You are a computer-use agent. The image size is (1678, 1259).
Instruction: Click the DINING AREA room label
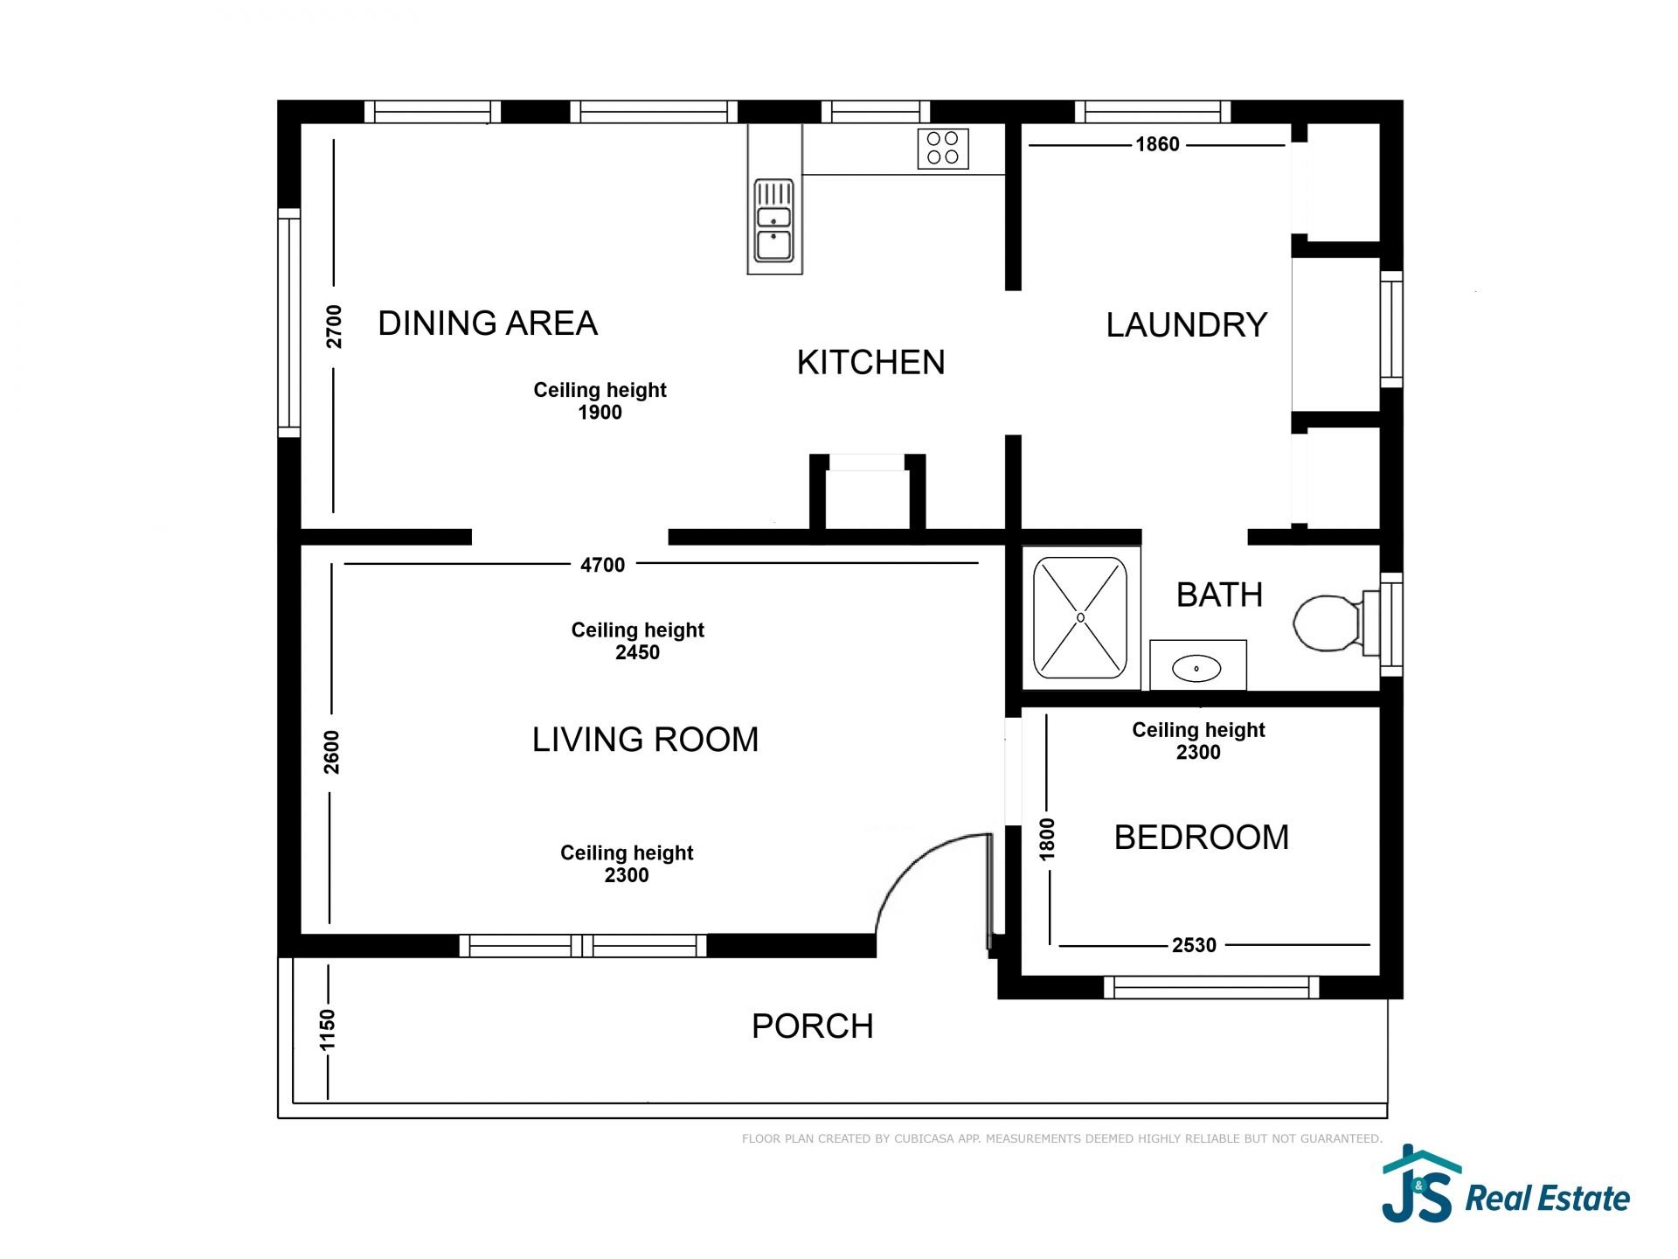pyautogui.click(x=488, y=323)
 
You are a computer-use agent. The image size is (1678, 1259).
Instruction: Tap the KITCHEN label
pyautogui.click(x=870, y=362)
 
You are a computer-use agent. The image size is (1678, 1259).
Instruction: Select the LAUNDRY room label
pyautogui.click(x=1186, y=325)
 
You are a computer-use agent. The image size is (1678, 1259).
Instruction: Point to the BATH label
pyautogui.click(x=1219, y=595)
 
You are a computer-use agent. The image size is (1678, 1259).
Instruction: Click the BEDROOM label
pyautogui.click(x=1202, y=837)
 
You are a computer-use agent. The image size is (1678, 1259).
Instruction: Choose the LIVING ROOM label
pyautogui.click(x=645, y=740)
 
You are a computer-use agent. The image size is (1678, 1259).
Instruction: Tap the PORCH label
pyautogui.click(x=812, y=1026)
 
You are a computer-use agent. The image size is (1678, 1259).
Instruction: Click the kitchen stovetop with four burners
pyautogui.click(x=943, y=149)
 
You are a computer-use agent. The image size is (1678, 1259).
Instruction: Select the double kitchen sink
pyautogui.click(x=774, y=221)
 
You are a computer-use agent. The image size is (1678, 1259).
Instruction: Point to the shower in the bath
pyautogui.click(x=1080, y=617)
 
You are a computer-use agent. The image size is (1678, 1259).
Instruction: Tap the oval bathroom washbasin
pyautogui.click(x=1196, y=669)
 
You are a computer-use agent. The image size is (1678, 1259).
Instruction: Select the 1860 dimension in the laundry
pyautogui.click(x=1157, y=144)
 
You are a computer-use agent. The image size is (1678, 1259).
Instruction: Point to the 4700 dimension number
pyautogui.click(x=603, y=565)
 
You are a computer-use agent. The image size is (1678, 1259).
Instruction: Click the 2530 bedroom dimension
pyautogui.click(x=1194, y=945)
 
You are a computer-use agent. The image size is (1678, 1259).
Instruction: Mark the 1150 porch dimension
pyautogui.click(x=328, y=1030)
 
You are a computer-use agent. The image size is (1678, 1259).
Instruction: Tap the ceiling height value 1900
pyautogui.click(x=600, y=413)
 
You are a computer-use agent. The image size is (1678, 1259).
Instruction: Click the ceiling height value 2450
pyautogui.click(x=637, y=652)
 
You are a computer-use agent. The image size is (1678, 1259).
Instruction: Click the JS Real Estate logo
pyautogui.click(x=1506, y=1184)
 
